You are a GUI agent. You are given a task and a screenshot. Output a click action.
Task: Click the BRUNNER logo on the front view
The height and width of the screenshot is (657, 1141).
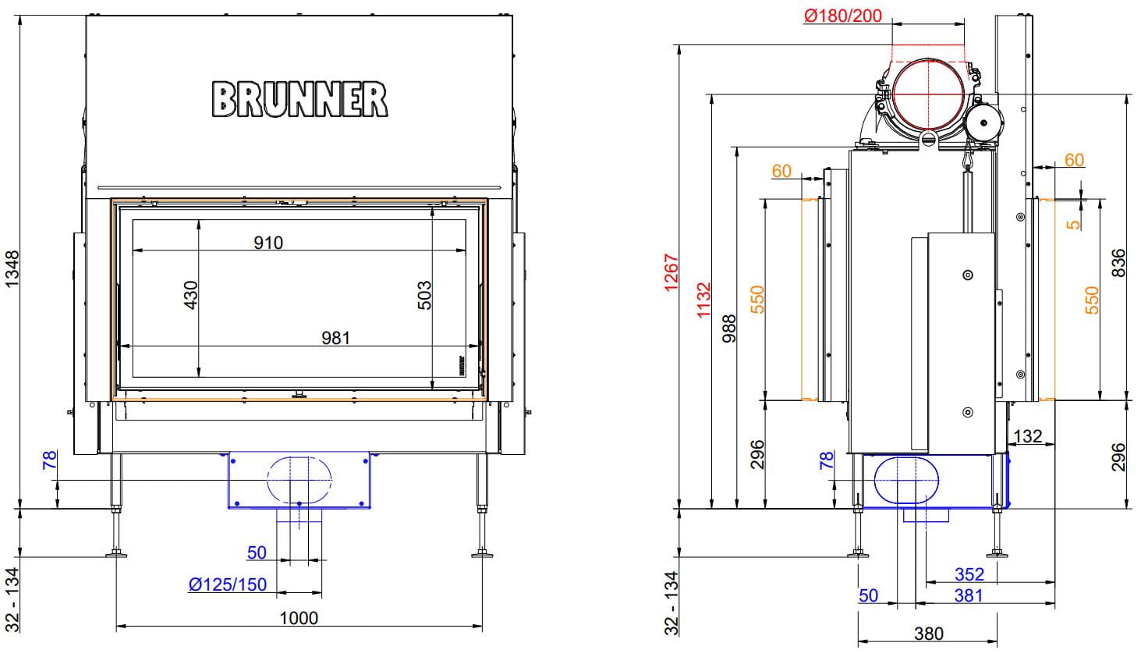point(299,99)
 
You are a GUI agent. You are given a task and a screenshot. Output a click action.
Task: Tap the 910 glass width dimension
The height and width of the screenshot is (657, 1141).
point(268,243)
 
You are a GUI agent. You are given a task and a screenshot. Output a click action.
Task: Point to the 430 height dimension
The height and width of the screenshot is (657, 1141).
point(190,295)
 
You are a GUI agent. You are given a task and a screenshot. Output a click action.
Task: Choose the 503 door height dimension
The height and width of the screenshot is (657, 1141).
point(423,295)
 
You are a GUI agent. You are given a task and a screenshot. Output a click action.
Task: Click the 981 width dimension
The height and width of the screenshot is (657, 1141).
point(335,338)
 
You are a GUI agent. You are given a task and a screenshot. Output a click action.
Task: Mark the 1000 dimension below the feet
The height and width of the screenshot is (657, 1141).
point(299,618)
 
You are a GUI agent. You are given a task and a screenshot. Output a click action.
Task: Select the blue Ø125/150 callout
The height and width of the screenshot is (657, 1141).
point(228,584)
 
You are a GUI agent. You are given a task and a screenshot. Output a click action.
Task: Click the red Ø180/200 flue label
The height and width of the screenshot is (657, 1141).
point(843,16)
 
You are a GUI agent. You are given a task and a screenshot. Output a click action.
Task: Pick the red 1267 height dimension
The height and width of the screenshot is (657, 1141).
point(671,272)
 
